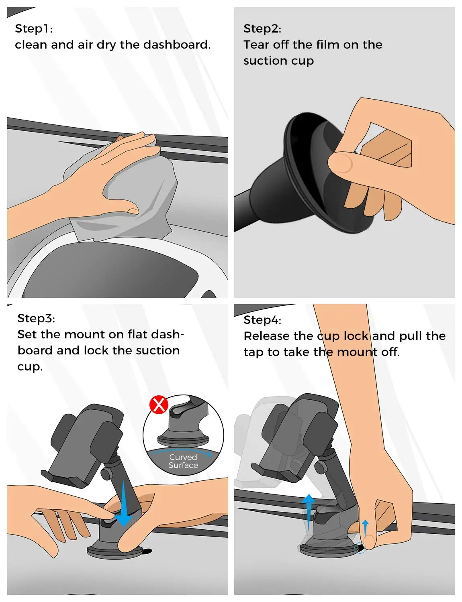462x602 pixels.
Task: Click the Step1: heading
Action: click(x=34, y=29)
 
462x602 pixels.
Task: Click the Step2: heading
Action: click(x=262, y=29)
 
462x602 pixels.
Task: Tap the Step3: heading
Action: click(x=36, y=319)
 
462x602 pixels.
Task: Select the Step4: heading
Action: click(x=262, y=320)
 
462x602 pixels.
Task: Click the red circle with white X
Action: click(x=159, y=405)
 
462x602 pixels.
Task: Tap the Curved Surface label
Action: click(x=183, y=461)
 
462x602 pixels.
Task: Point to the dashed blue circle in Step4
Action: click(x=360, y=548)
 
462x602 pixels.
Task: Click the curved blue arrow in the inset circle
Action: click(x=182, y=451)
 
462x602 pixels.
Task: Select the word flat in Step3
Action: click(x=137, y=334)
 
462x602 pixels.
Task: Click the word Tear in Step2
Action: click(x=256, y=45)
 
